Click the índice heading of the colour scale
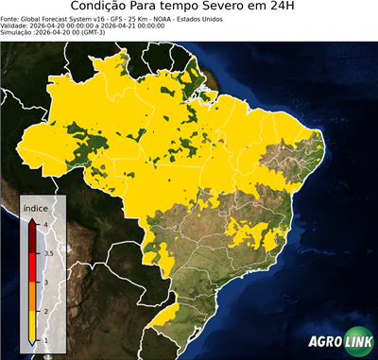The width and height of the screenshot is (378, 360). pyautogui.click(x=36, y=207)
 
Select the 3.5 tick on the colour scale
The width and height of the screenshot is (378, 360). pyautogui.click(x=47, y=253)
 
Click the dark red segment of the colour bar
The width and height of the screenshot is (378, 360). pyautogui.click(x=33, y=238)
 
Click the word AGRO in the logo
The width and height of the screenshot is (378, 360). pyautogui.click(x=322, y=341)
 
